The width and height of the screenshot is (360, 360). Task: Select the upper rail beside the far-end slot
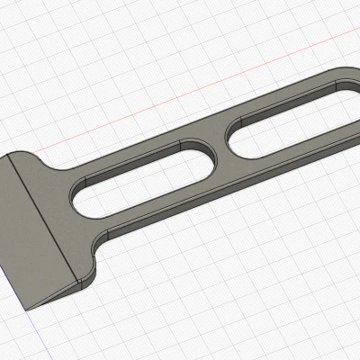click(x=270, y=92)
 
